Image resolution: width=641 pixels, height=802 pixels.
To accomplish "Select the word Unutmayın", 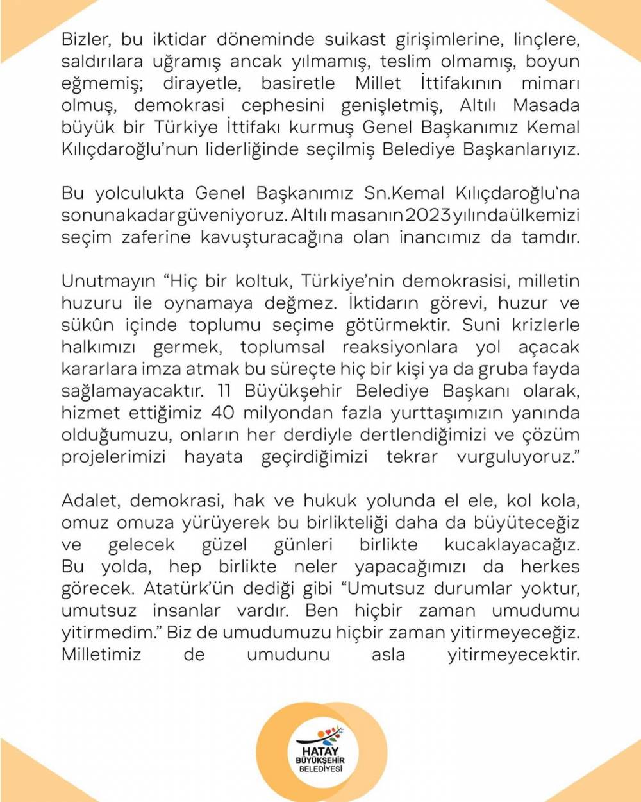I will tap(108, 281).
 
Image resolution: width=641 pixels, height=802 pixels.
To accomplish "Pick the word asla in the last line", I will tap(388, 654).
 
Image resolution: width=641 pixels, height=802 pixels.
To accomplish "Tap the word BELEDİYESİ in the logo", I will tap(321, 769).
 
